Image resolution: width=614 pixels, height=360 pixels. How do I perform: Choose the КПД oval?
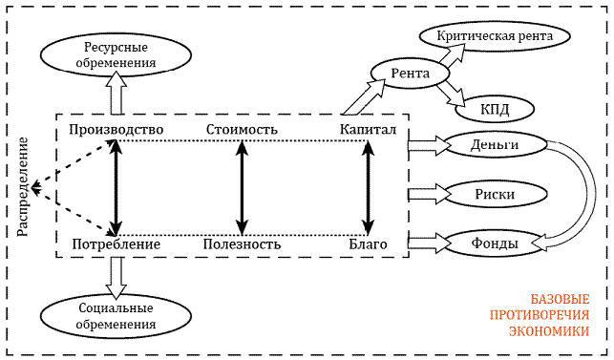(x=495, y=108)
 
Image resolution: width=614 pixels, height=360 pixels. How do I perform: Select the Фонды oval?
(x=495, y=244)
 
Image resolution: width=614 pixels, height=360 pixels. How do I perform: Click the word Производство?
(x=116, y=129)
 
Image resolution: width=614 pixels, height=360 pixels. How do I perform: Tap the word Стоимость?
(x=243, y=129)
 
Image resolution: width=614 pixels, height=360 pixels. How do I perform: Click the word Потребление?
(x=116, y=245)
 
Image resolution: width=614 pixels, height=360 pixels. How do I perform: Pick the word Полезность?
(x=243, y=245)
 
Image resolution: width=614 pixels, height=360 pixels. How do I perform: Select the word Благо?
(x=368, y=245)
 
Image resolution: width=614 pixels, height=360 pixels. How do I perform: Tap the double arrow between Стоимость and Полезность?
(x=243, y=187)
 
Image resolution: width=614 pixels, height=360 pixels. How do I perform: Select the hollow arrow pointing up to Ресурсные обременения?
(x=116, y=95)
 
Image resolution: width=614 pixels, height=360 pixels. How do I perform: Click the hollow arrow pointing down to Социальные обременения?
(x=116, y=276)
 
